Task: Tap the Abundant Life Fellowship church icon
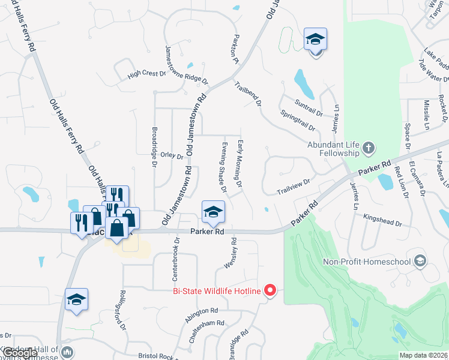click(369, 148)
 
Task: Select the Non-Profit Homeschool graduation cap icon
click(420, 261)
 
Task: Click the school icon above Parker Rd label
click(212, 212)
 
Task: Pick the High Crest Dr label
click(146, 74)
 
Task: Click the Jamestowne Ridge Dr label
click(186, 65)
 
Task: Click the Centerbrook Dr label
click(176, 255)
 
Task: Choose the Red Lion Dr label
click(400, 182)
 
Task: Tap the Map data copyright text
click(423, 355)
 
